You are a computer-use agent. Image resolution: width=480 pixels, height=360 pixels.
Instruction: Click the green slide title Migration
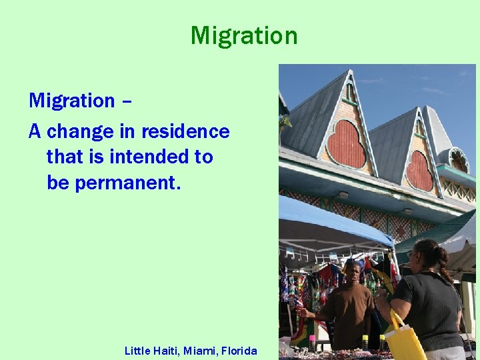point(244,35)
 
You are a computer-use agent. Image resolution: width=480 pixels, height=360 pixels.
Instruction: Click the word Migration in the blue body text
point(72,101)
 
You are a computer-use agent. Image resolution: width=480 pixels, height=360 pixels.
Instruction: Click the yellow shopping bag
point(405,340)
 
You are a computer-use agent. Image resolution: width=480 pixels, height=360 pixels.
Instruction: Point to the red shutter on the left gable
point(346,144)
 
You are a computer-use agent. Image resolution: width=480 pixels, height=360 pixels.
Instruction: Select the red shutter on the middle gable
point(419,171)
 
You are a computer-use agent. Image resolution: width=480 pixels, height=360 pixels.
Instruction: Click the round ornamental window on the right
point(459,160)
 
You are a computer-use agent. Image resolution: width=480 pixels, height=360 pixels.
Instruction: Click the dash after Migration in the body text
point(126,102)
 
